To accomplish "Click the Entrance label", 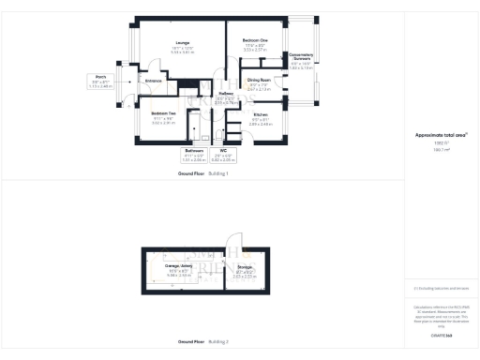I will click(x=154, y=82).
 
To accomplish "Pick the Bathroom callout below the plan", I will click(x=194, y=154).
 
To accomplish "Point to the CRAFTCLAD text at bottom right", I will click(x=441, y=335).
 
